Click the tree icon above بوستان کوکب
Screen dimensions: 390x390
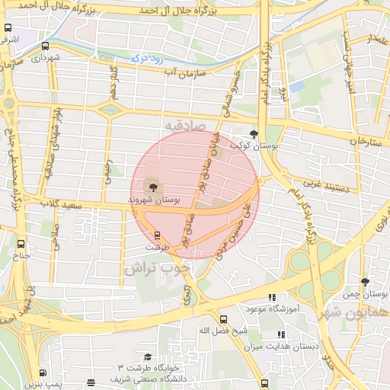coord(254,133)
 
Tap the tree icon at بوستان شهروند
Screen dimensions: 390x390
coord(153,186)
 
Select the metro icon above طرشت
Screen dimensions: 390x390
coord(157,235)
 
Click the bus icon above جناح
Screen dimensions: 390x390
coord(21,245)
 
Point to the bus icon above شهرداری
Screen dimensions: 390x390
coord(46,46)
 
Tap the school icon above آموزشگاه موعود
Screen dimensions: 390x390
coord(272,298)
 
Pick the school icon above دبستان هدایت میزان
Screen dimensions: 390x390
coord(281,334)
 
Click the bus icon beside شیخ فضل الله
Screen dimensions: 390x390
coord(223,320)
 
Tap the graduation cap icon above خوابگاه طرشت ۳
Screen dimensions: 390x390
coord(147,356)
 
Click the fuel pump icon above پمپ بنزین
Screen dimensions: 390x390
coord(43,373)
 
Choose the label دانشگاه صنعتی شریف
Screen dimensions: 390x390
coord(142,379)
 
